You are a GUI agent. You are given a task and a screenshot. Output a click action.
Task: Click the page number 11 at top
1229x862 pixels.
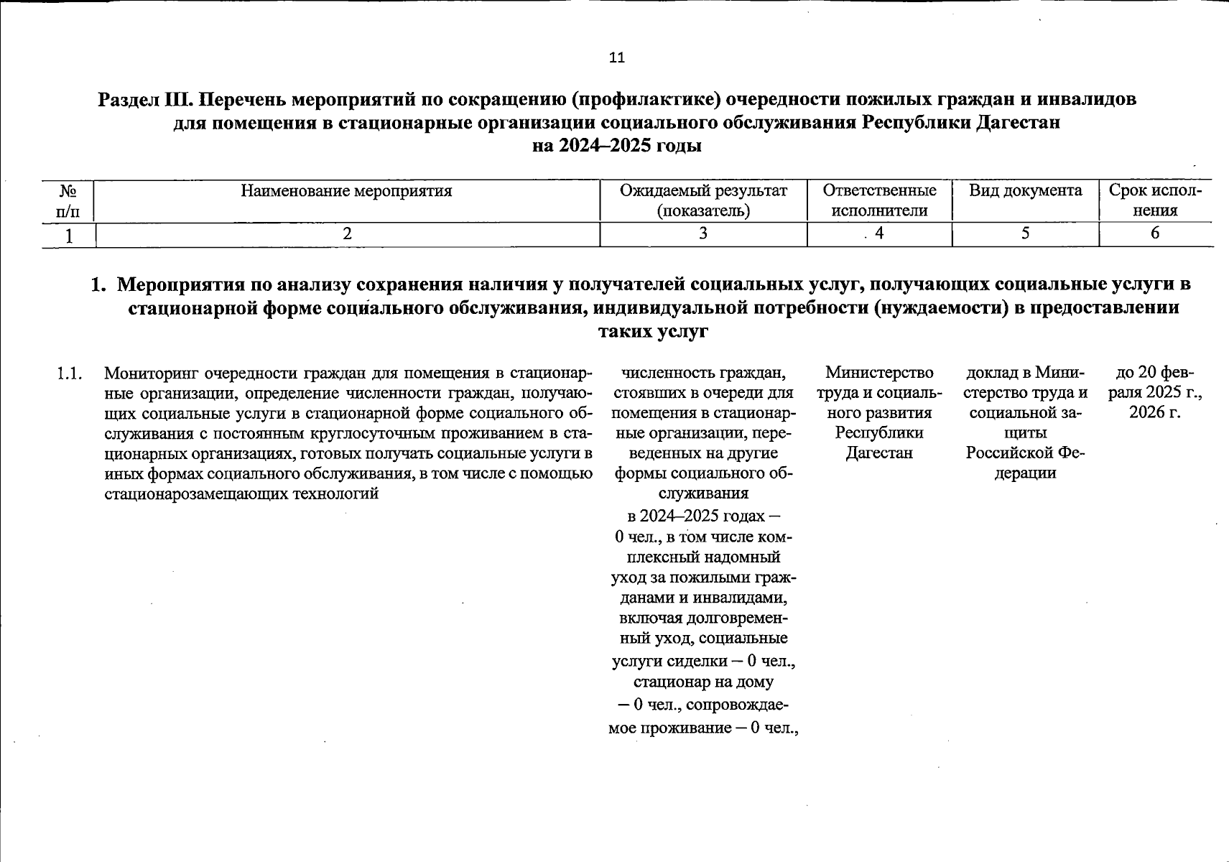point(616,58)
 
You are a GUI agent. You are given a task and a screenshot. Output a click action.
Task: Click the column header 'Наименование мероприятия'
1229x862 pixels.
point(346,191)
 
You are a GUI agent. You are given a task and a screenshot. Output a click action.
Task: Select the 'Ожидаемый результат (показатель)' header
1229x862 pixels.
point(703,200)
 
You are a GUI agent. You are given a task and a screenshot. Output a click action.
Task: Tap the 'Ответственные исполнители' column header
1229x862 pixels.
point(879,200)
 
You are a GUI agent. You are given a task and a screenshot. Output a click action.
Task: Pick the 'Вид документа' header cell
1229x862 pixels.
point(1025,191)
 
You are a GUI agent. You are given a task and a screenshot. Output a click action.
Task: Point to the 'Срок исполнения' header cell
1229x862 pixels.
point(1155,200)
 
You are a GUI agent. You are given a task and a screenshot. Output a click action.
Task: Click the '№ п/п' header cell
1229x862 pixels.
point(68,201)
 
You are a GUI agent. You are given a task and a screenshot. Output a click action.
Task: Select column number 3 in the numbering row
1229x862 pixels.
point(703,233)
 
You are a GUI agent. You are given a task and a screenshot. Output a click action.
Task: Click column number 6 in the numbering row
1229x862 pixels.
point(1155,233)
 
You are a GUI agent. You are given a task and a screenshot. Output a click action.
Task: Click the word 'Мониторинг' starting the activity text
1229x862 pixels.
point(150,374)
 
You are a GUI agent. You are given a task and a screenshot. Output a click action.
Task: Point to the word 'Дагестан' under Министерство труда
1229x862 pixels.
point(879,453)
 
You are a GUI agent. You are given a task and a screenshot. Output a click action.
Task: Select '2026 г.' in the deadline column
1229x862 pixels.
point(1155,413)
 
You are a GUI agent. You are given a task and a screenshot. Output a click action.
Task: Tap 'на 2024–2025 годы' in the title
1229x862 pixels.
point(616,147)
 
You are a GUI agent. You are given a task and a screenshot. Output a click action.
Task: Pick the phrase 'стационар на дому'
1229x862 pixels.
point(703,682)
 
